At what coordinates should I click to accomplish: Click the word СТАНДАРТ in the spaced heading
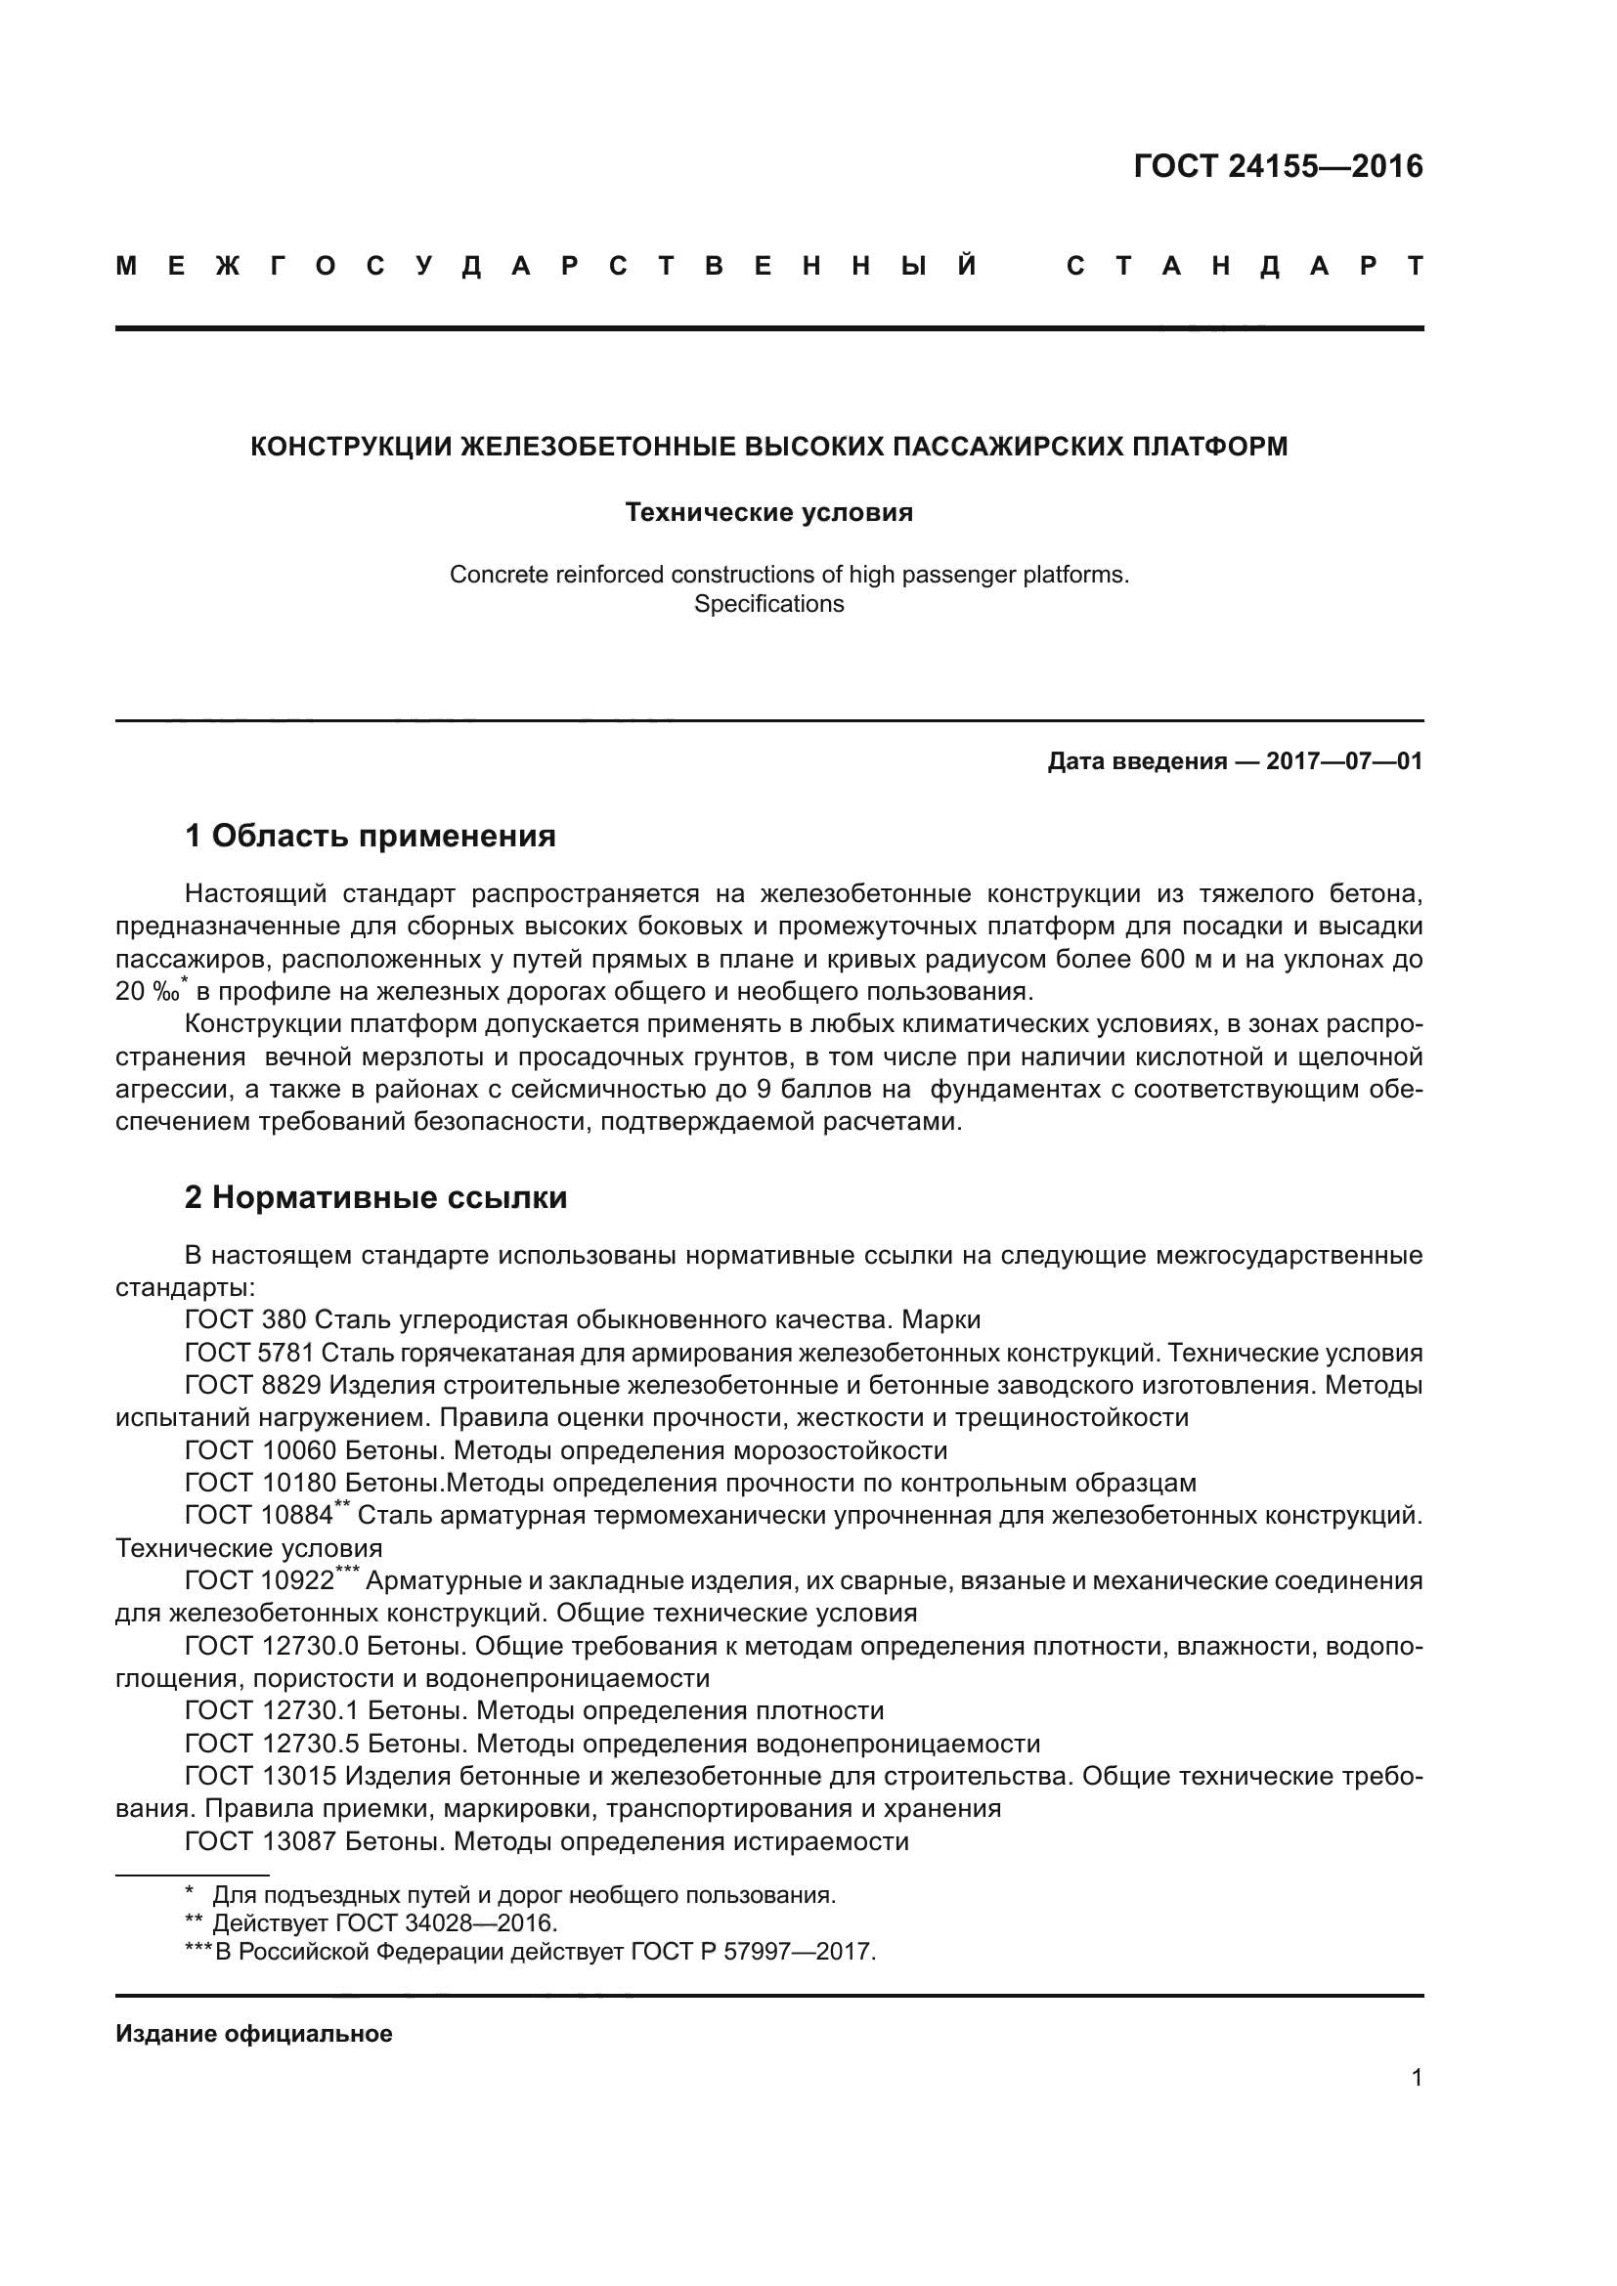pos(1245,266)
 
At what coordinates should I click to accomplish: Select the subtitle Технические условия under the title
pos(768,513)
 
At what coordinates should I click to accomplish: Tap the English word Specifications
pos(768,604)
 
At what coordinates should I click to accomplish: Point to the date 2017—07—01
pos(1343,761)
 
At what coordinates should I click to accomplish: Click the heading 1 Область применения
pos(371,836)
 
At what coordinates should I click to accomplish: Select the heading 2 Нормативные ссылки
pos(375,1197)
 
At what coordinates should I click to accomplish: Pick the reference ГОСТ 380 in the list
pos(246,1320)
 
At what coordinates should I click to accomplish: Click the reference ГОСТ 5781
pos(250,1353)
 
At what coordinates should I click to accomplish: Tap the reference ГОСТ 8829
pos(253,1386)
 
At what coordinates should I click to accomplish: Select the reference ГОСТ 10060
pos(260,1450)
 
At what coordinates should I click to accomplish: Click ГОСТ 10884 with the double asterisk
pos(260,1517)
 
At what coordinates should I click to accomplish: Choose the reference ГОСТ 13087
pos(260,1842)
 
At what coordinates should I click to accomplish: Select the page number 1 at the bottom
pos(1417,2078)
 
